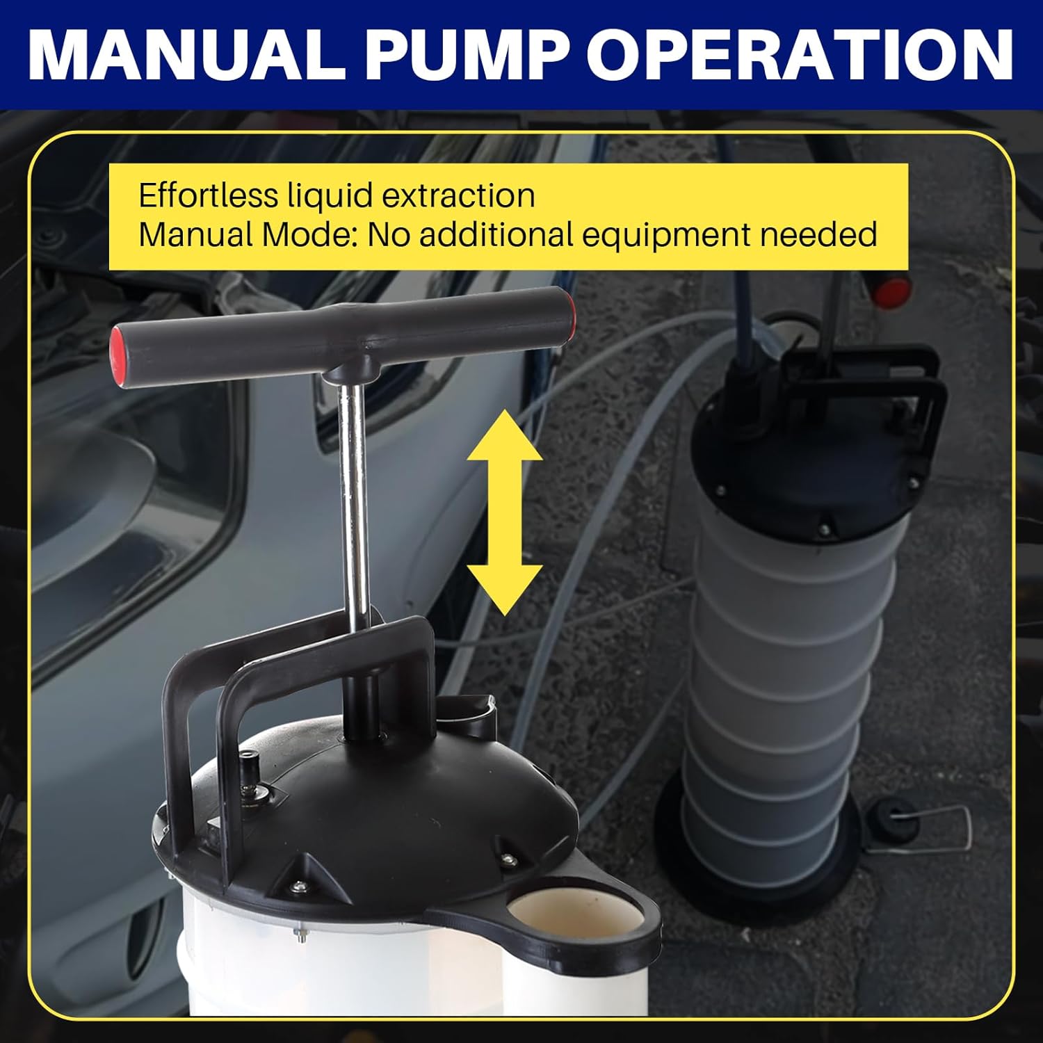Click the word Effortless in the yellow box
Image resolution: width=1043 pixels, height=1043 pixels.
coord(208,195)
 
